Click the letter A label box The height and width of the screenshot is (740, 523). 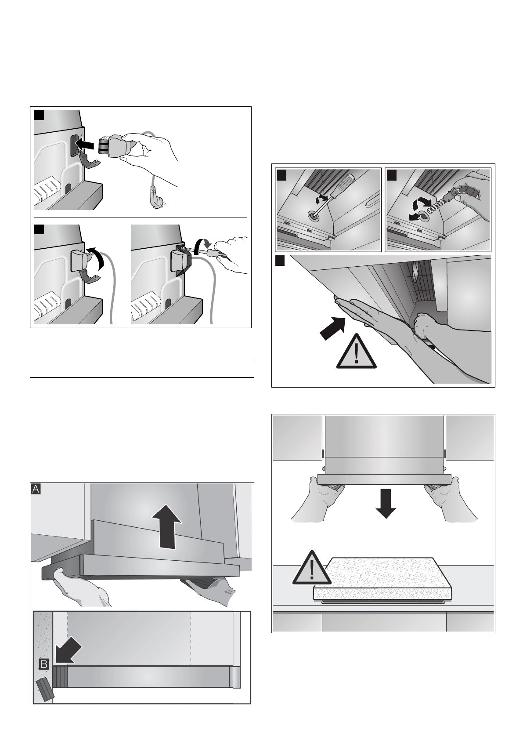pos(36,489)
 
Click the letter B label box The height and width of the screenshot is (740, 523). pos(44,664)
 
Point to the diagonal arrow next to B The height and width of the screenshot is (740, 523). pos(68,650)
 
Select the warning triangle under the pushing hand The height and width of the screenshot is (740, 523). pos(356,352)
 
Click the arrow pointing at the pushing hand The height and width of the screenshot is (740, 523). pos(333,328)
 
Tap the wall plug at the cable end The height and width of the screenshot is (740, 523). pos(154,197)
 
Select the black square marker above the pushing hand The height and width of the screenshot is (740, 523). pos(280,261)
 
